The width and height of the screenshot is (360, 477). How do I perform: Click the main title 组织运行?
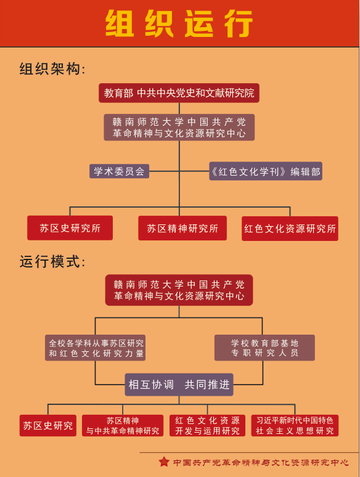click(179, 24)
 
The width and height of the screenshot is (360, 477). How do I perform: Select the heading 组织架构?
click(52, 69)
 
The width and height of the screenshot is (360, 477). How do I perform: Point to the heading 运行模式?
click(52, 262)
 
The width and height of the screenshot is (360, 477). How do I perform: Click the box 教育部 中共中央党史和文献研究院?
click(179, 93)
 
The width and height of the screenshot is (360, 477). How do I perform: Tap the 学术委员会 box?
click(120, 171)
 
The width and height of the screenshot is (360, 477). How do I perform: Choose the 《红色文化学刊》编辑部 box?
click(266, 171)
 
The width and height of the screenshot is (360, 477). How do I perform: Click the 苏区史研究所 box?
click(70, 228)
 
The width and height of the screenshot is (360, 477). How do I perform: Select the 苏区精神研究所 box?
click(182, 228)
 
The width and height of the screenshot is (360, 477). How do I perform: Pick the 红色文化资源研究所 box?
click(290, 229)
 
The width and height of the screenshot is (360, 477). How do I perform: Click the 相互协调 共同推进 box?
click(179, 385)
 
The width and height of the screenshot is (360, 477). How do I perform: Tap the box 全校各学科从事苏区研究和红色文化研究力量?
click(96, 348)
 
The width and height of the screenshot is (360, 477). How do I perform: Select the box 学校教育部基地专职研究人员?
click(264, 348)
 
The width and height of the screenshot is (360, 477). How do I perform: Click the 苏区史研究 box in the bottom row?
click(48, 426)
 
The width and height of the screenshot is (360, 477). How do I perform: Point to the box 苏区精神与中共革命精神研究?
click(123, 426)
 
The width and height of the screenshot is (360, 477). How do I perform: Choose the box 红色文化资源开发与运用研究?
click(207, 426)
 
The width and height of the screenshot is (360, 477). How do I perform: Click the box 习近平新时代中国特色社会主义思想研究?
click(295, 426)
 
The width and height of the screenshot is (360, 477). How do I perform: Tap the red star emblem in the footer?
click(164, 462)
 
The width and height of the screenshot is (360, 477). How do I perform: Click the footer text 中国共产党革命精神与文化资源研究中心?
click(261, 463)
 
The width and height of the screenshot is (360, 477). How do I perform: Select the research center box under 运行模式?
click(179, 290)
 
